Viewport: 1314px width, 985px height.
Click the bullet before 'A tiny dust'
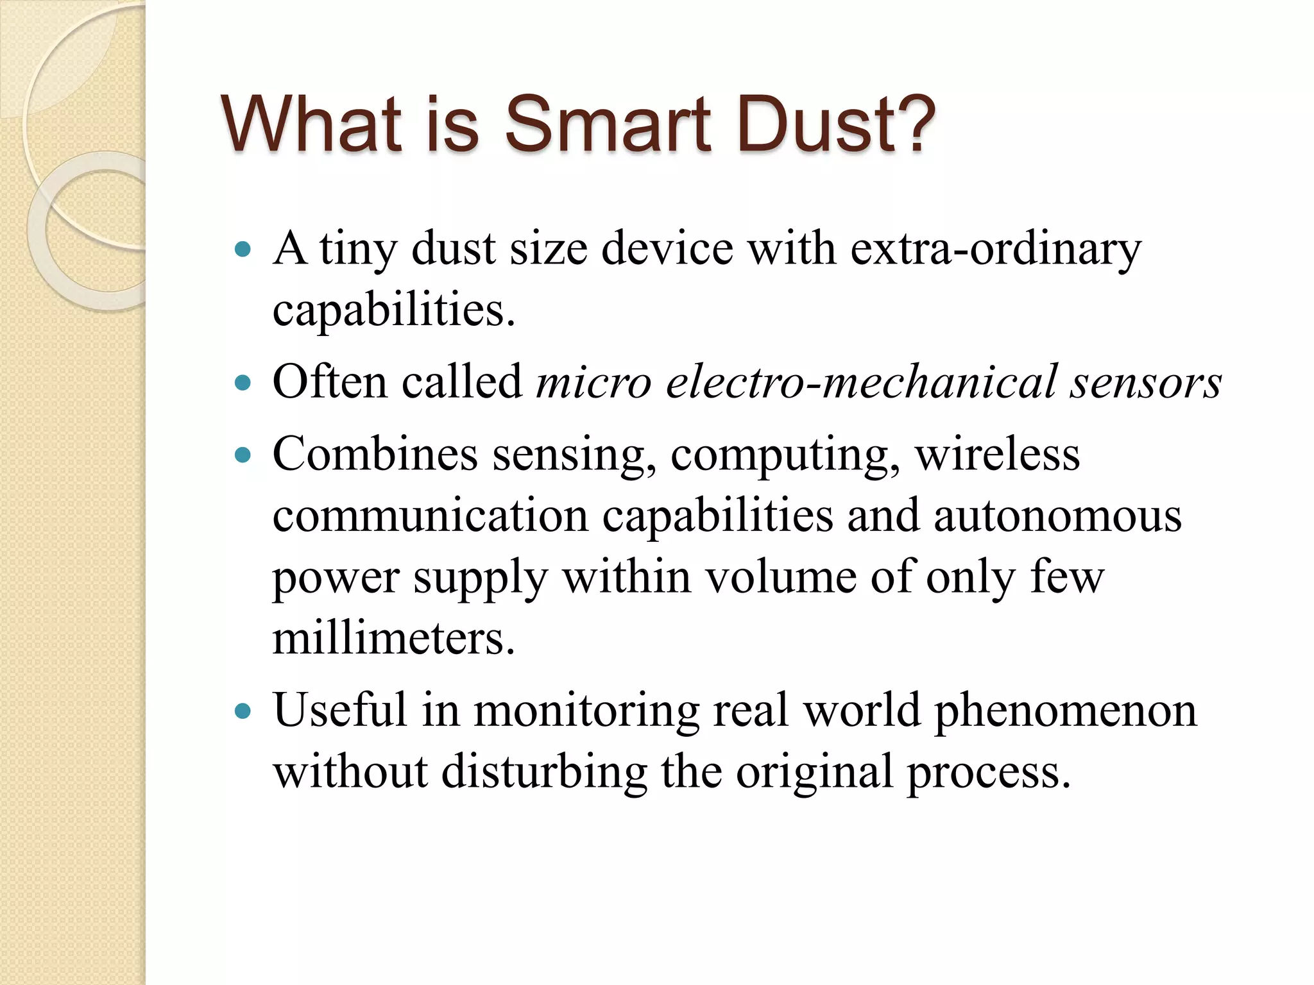[243, 249]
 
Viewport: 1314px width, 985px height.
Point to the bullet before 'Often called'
[243, 383]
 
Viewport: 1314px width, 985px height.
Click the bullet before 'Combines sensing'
[243, 455]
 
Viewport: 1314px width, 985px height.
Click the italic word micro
[593, 383]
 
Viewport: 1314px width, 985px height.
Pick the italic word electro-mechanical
[861, 383]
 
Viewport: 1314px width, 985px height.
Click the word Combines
[375, 455]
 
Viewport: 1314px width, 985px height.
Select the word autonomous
[1057, 516]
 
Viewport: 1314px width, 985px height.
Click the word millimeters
[393, 639]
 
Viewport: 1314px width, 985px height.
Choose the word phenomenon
[1066, 711]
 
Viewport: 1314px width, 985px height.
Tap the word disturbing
[544, 772]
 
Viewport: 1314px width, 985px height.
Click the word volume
[780, 578]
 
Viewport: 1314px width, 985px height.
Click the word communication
[431, 516]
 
